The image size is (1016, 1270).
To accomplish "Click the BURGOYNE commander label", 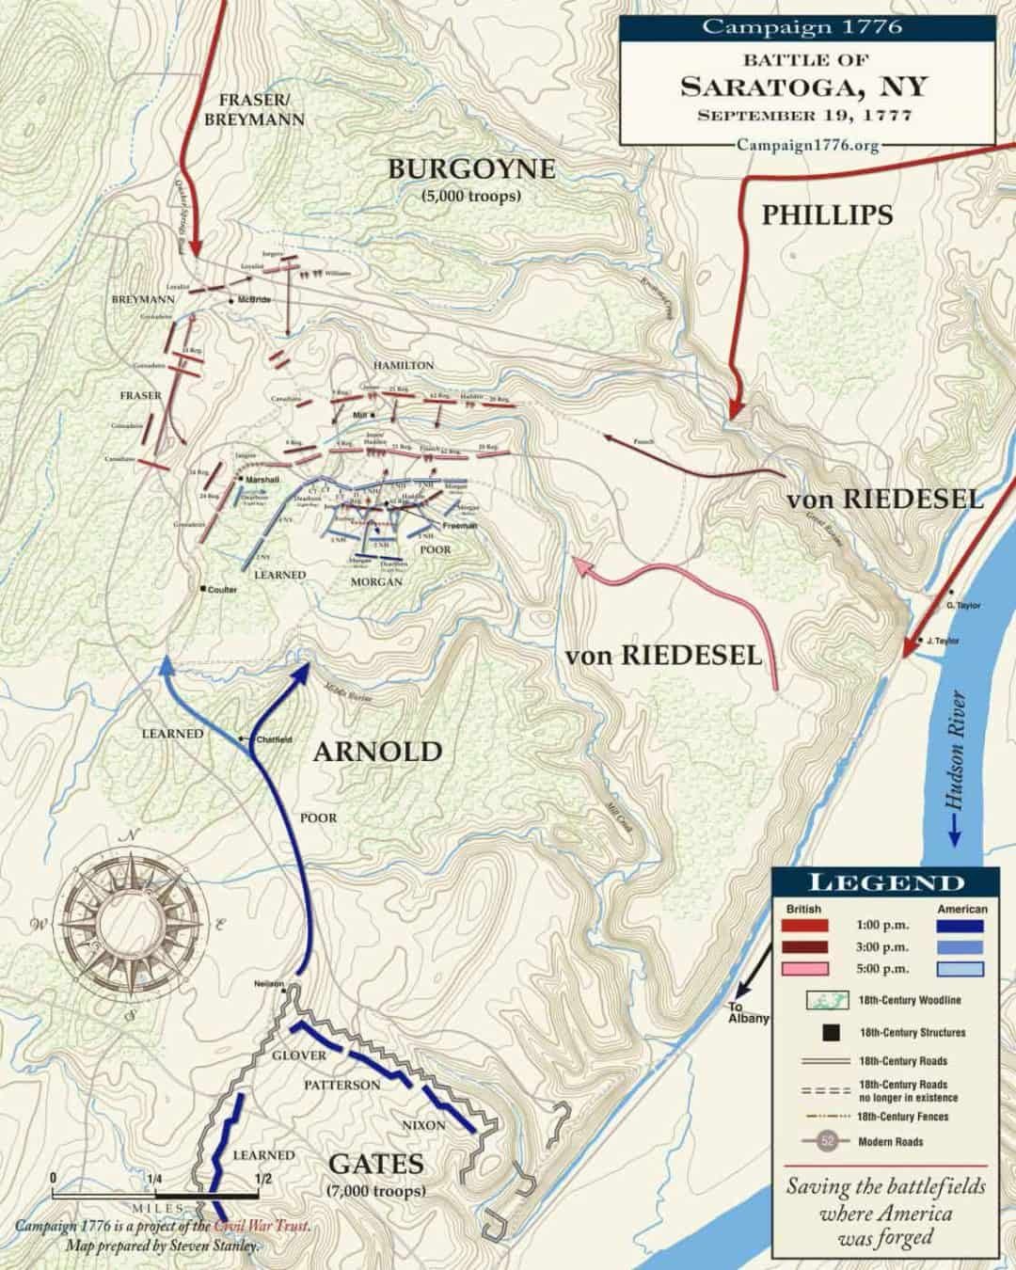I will click(x=471, y=169).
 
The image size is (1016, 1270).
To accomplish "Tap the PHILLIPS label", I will click(x=827, y=214).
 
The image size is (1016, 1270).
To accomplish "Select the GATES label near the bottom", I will click(x=376, y=1165).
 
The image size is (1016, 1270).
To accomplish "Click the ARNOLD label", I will click(x=377, y=752).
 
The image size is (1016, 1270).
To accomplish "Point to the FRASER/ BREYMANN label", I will click(x=249, y=109).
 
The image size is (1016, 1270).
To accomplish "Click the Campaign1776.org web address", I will click(x=807, y=146).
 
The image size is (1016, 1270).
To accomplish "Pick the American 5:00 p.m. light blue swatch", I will click(x=960, y=968).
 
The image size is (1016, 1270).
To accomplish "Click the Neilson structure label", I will click(x=268, y=984).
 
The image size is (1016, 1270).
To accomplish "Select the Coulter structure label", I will click(x=222, y=590).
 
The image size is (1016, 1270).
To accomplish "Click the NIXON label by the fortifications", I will click(x=423, y=1125).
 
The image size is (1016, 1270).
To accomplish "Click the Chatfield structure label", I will click(x=274, y=739).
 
